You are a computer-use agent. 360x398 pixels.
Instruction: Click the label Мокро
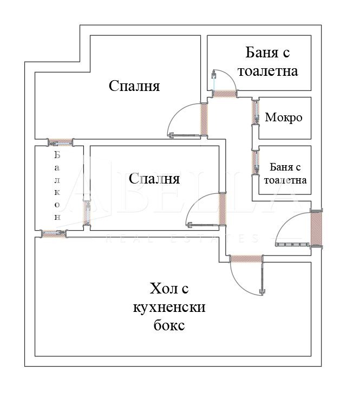point(283,118)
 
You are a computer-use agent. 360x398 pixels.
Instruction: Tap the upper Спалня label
point(134,86)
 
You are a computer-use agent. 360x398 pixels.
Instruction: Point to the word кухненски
point(169,307)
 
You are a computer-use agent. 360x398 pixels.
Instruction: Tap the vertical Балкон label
point(57,185)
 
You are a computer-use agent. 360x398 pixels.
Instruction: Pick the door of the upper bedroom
point(204,119)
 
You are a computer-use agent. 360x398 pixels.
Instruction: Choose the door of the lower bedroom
point(222,208)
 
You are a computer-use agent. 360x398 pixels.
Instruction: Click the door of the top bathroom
point(224,94)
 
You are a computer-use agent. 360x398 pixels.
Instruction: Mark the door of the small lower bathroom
point(254,161)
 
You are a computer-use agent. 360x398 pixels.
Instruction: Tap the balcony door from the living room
point(54,234)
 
